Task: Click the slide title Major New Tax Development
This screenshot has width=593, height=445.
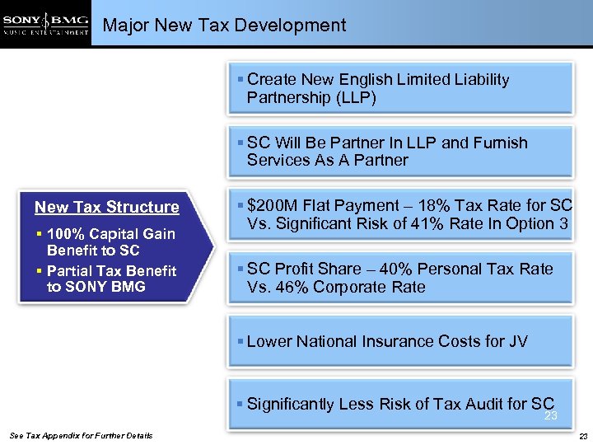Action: pyautogui.click(x=224, y=26)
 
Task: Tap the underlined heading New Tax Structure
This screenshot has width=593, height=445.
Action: pyautogui.click(x=106, y=207)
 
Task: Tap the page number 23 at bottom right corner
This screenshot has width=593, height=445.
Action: pyautogui.click(x=582, y=435)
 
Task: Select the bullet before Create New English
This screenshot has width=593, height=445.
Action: pyautogui.click(x=240, y=80)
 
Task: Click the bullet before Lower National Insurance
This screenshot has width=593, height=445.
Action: pyautogui.click(x=240, y=341)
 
